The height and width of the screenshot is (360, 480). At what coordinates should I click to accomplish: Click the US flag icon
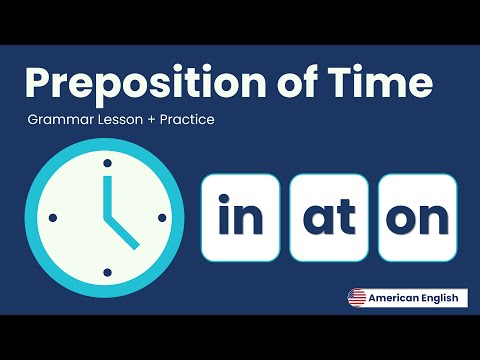point(356,298)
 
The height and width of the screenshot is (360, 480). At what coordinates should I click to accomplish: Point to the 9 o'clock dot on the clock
point(53,216)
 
